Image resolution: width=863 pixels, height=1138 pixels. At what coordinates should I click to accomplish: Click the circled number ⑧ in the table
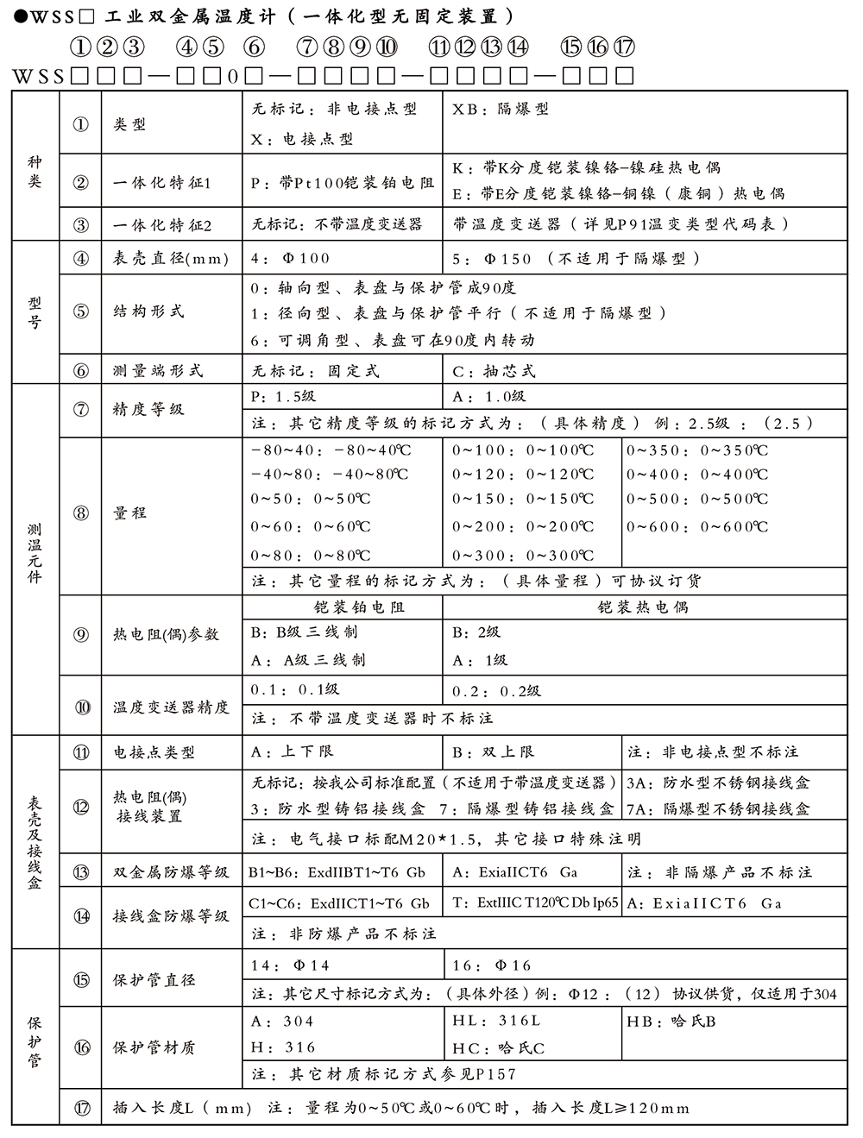tap(81, 512)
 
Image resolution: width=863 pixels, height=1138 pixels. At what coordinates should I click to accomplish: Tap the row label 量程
tap(129, 512)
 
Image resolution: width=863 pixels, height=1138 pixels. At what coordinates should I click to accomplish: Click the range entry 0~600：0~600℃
tap(697, 527)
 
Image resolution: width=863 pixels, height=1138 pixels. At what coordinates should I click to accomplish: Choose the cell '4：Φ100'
tap(290, 258)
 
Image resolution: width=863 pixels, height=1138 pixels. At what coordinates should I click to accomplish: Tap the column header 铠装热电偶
tap(643, 607)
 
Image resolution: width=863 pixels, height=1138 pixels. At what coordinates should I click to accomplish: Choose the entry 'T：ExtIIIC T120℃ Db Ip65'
tap(535, 903)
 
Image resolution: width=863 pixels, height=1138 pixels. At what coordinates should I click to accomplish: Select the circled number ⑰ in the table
tap(81, 1108)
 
